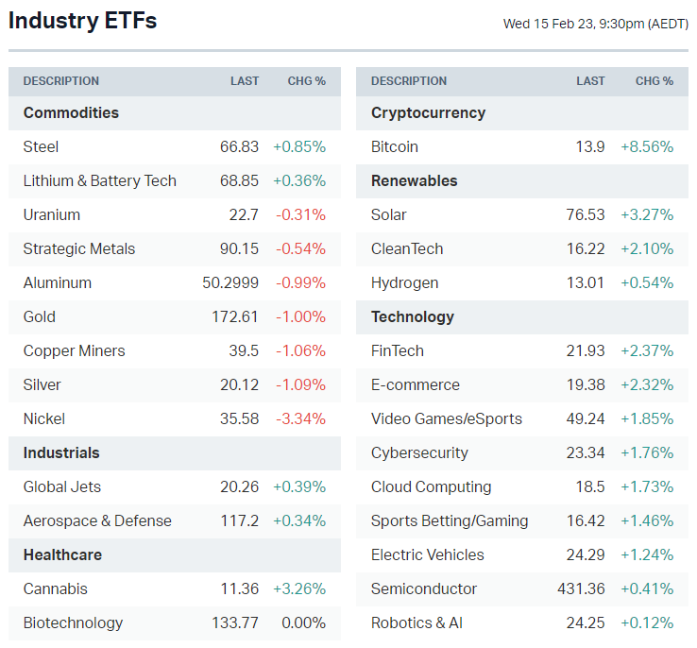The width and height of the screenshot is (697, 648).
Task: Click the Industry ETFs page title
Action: tap(83, 21)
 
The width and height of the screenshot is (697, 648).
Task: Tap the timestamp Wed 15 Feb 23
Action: tap(595, 24)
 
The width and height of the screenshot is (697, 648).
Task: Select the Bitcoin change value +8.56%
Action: tap(647, 146)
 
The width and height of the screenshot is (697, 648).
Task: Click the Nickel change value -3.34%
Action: tap(300, 418)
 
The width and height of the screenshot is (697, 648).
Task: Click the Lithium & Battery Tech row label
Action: tap(100, 180)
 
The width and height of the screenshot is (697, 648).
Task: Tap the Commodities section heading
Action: tap(71, 112)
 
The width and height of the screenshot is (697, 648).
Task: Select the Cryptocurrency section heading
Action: tap(428, 112)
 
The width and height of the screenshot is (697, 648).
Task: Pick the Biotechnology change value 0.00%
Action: tap(303, 622)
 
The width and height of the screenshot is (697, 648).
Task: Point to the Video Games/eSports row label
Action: tap(447, 418)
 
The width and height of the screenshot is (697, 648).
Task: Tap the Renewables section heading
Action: tap(414, 180)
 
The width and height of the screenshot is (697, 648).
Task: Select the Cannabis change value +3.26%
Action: tap(299, 588)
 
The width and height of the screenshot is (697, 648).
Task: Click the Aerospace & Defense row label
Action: tap(97, 520)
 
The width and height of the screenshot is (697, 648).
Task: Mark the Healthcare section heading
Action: tap(62, 554)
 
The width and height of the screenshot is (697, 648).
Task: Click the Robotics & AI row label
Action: tap(416, 622)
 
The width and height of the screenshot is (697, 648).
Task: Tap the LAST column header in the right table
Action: tap(590, 81)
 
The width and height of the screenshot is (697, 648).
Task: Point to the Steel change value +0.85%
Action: tap(299, 146)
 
